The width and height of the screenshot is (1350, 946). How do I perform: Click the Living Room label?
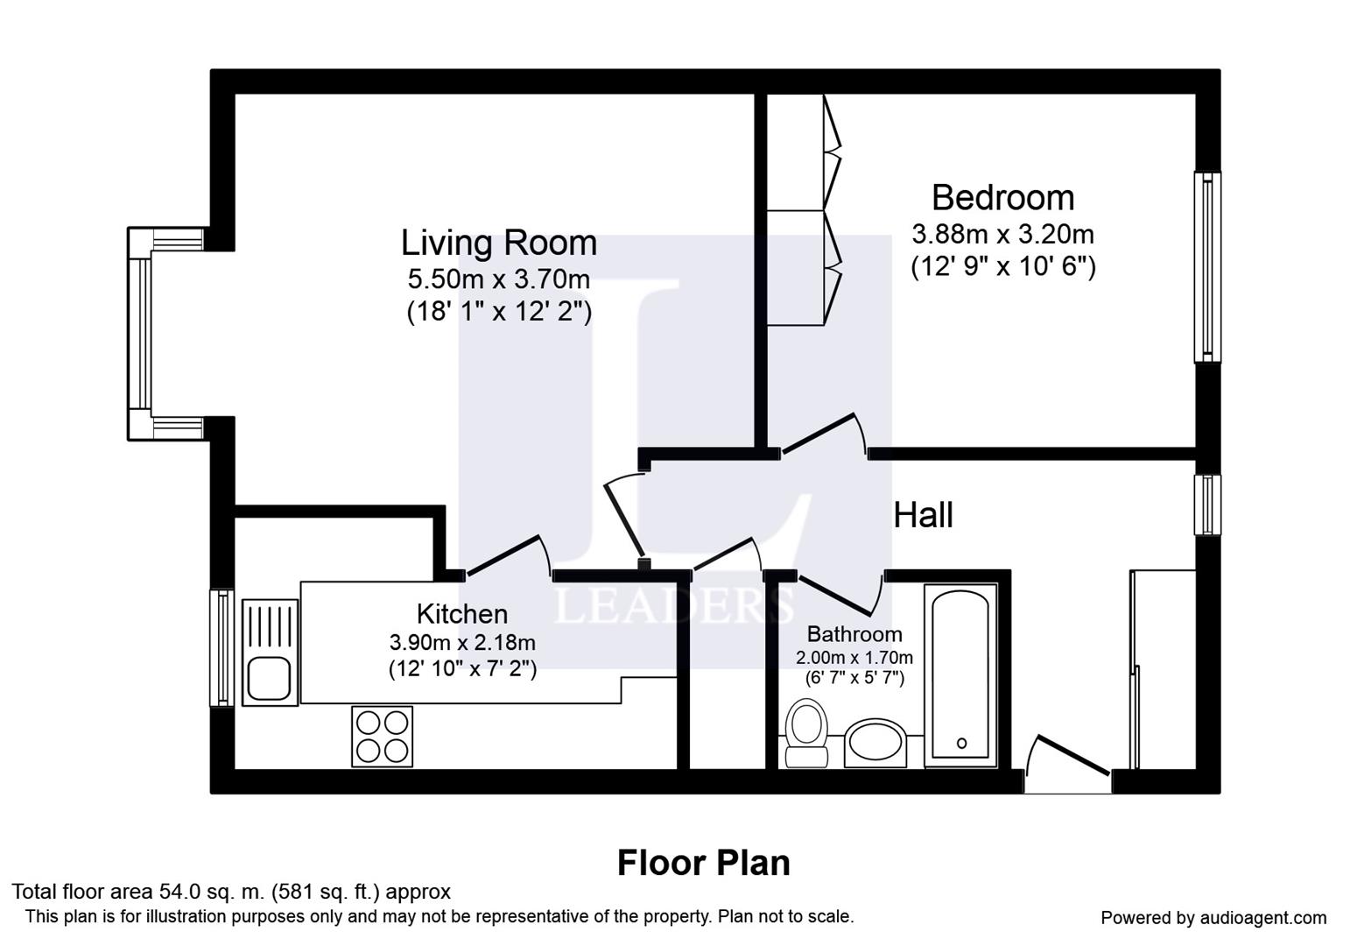pyautogui.click(x=499, y=243)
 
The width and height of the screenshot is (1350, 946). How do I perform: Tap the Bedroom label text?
pyautogui.click(x=1002, y=198)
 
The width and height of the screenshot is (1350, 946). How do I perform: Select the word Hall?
pyautogui.click(x=923, y=516)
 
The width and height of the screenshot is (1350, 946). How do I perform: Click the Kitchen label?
pyautogui.click(x=462, y=614)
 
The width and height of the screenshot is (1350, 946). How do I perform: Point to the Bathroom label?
pyautogui.click(x=854, y=634)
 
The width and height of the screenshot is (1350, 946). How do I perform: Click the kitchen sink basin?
pyautogui.click(x=269, y=680)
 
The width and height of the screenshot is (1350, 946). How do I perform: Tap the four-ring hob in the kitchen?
pyautogui.click(x=382, y=736)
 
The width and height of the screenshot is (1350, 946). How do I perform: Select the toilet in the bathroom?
pyautogui.click(x=806, y=733)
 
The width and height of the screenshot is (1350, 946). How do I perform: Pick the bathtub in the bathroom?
pyautogui.click(x=960, y=675)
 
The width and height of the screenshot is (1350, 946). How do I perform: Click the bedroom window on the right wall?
pyautogui.click(x=1207, y=267)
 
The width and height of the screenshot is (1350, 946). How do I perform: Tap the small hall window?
pyautogui.click(x=1207, y=505)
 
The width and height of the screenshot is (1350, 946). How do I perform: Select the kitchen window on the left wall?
pyautogui.click(x=221, y=647)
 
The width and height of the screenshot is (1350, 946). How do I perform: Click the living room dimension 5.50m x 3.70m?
pyautogui.click(x=499, y=279)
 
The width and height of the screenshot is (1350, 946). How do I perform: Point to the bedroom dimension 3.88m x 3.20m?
pyautogui.click(x=1002, y=234)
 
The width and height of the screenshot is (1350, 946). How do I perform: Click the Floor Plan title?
pyautogui.click(x=703, y=863)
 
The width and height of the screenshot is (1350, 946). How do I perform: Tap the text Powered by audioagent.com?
pyautogui.click(x=1213, y=918)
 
